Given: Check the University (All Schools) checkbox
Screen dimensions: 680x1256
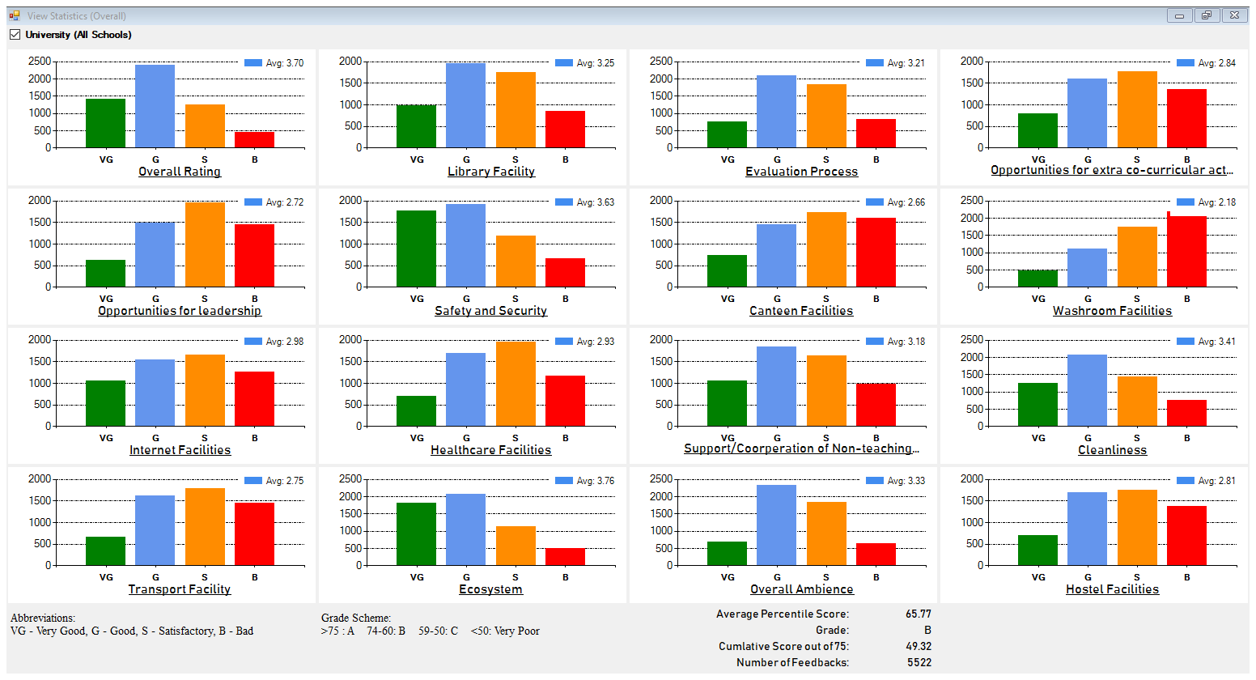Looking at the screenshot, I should pyautogui.click(x=15, y=35).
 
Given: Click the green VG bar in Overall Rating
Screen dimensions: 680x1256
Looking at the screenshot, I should pyautogui.click(x=105, y=123).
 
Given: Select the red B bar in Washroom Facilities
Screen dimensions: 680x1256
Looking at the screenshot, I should pyautogui.click(x=1186, y=251).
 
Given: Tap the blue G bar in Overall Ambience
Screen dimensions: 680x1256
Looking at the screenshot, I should pyautogui.click(x=776, y=525).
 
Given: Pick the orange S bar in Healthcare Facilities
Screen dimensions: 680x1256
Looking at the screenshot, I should pyautogui.click(x=516, y=384).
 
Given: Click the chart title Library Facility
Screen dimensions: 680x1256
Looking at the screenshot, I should pyautogui.click(x=491, y=172).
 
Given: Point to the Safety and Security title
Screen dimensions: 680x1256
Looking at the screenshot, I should pyautogui.click(x=490, y=311).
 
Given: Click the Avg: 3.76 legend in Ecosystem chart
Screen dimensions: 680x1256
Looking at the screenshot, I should pyautogui.click(x=595, y=481).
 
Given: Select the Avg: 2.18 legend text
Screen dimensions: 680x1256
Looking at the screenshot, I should pyautogui.click(x=1216, y=202).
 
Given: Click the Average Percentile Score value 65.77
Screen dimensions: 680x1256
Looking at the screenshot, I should pyautogui.click(x=919, y=614).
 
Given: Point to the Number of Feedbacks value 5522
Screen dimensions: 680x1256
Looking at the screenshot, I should pyautogui.click(x=919, y=663).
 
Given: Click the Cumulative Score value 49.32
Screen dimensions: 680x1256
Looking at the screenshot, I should pyautogui.click(x=919, y=647).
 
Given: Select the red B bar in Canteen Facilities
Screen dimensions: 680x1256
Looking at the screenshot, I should pyautogui.click(x=876, y=252).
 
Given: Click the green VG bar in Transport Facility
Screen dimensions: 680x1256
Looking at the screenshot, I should pyautogui.click(x=105, y=550).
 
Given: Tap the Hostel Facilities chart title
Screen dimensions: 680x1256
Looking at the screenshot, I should pyautogui.click(x=1112, y=589).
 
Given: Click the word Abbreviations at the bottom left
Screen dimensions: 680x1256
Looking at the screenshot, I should pyautogui.click(x=42, y=618).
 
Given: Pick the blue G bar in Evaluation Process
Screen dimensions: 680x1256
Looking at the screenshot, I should pyautogui.click(x=776, y=112).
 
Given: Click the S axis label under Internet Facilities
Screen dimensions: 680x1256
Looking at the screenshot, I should pyautogui.click(x=205, y=438).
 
